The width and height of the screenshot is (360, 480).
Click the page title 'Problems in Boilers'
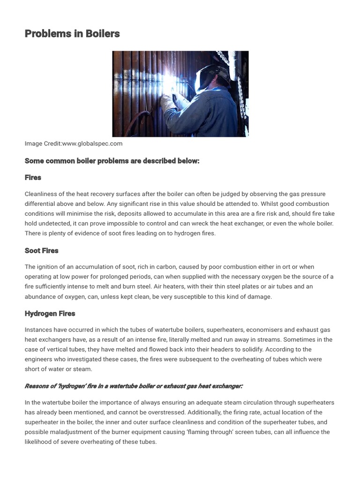[72, 34]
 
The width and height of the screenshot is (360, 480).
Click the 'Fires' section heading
[33, 178]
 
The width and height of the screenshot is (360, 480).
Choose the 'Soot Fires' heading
[42, 251]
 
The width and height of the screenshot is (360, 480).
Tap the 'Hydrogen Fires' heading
[50, 314]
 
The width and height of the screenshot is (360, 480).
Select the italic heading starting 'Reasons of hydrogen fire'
[134, 386]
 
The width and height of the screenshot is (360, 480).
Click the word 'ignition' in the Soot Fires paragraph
[49, 267]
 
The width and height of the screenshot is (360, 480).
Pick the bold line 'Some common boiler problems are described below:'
[112, 161]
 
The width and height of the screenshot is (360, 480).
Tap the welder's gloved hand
[166, 101]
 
